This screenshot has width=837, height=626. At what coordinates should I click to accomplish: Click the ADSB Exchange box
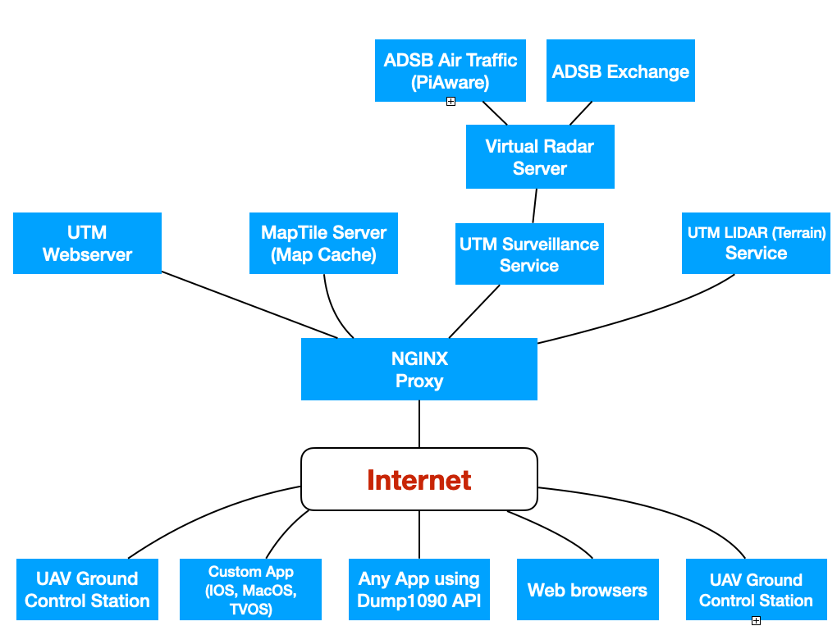click(620, 71)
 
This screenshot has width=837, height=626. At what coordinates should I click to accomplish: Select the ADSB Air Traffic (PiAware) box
click(451, 71)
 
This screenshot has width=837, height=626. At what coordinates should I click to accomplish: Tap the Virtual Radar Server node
click(539, 157)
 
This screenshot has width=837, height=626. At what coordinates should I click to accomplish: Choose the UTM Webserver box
click(87, 243)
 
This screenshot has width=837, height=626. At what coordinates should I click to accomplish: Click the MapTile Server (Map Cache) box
click(323, 243)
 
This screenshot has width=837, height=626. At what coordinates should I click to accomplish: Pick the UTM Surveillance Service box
click(529, 254)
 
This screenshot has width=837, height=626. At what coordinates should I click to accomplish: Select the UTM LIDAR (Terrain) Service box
click(756, 243)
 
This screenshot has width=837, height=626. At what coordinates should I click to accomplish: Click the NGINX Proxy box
click(418, 369)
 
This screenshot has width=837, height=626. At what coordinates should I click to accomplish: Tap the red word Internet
click(418, 480)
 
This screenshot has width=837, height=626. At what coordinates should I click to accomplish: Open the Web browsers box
click(588, 590)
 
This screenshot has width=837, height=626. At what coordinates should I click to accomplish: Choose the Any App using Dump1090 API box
click(418, 590)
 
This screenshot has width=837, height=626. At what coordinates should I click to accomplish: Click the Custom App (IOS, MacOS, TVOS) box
click(251, 590)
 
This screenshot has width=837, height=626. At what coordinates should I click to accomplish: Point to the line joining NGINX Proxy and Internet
click(419, 423)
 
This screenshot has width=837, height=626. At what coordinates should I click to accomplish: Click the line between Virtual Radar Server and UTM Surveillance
click(535, 206)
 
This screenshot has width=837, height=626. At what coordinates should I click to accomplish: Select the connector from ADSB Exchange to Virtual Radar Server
click(581, 112)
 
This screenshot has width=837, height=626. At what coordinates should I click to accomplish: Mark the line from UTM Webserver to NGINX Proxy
click(246, 303)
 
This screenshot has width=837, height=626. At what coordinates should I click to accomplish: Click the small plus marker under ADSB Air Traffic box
click(451, 101)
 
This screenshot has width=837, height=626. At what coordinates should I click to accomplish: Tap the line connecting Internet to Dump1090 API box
click(419, 534)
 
